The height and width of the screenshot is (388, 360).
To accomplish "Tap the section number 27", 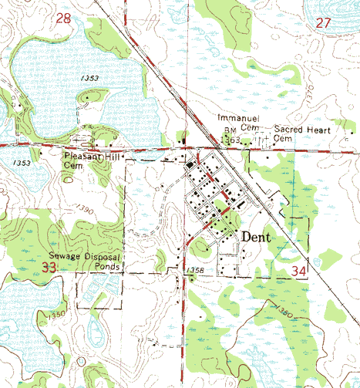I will [324, 24].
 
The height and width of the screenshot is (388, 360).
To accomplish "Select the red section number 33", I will [50, 268].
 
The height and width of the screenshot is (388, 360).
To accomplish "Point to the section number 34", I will [303, 272].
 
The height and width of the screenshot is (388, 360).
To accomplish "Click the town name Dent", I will [256, 238].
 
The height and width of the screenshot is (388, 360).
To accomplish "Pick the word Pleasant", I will [82, 155].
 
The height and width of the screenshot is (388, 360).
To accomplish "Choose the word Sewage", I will [66, 254].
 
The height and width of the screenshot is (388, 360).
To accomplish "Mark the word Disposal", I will [107, 254].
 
